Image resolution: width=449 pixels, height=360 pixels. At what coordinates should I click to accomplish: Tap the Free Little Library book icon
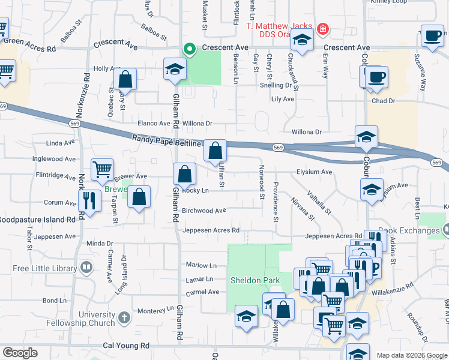click(87, 266)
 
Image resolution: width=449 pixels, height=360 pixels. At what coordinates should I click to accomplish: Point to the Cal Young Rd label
click(125, 346)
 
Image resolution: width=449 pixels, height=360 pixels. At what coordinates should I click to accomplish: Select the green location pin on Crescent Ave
click(190, 49)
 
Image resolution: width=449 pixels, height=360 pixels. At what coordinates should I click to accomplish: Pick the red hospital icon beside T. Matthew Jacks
click(324, 28)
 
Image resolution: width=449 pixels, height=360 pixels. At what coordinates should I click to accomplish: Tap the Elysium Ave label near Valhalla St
click(314, 172)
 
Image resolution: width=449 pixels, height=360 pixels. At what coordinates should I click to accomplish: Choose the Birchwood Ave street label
click(203, 211)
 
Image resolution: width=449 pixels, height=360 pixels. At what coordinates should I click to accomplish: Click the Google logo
click(20, 353)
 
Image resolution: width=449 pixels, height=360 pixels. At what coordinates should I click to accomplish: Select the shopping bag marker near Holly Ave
click(125, 79)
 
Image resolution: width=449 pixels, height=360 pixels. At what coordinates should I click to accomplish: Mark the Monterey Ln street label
click(155, 310)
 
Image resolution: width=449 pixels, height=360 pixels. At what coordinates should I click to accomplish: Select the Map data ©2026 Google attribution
click(411, 355)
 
